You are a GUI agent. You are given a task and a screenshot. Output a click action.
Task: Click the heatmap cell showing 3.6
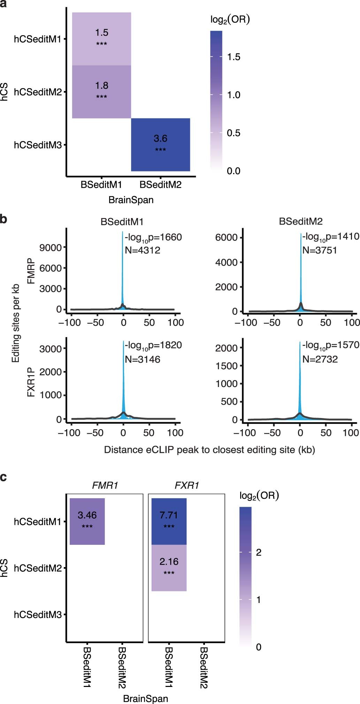pyautogui.click(x=160, y=145)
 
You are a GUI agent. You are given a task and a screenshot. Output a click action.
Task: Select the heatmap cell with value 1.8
pyautogui.click(x=101, y=92)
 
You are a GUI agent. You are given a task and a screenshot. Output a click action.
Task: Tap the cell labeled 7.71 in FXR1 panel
pyautogui.click(x=169, y=521)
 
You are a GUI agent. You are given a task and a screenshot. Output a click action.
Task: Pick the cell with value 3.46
pyautogui.click(x=87, y=521)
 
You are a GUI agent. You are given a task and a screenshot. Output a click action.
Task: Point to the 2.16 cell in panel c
pyautogui.click(x=169, y=567)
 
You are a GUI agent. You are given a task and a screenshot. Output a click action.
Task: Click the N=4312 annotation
pyautogui.click(x=143, y=250)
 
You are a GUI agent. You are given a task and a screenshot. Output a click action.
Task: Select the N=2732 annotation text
pyautogui.click(x=320, y=359)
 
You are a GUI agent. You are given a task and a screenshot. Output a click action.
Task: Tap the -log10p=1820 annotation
pyautogui.click(x=153, y=345)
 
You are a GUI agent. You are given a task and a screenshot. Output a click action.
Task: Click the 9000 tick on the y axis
pyautogui.click(x=50, y=248)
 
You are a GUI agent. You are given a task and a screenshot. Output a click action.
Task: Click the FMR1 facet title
pyautogui.click(x=105, y=485)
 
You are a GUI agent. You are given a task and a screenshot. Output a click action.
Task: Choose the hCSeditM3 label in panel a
pyautogui.click(x=37, y=145)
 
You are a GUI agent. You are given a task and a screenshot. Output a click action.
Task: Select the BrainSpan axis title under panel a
pyautogui.click(x=131, y=200)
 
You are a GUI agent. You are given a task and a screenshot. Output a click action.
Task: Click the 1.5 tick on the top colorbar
pyautogui.click(x=233, y=57)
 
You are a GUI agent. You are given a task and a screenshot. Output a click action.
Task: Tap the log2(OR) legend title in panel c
pyautogui.click(x=259, y=496)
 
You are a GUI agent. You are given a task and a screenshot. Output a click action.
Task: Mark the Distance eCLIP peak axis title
pyautogui.click(x=209, y=450)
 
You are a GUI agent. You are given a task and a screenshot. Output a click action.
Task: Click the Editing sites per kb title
pyautogui.click(x=15, y=323)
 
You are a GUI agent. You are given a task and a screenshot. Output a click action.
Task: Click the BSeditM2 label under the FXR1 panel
pyautogui.click(x=204, y=667)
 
